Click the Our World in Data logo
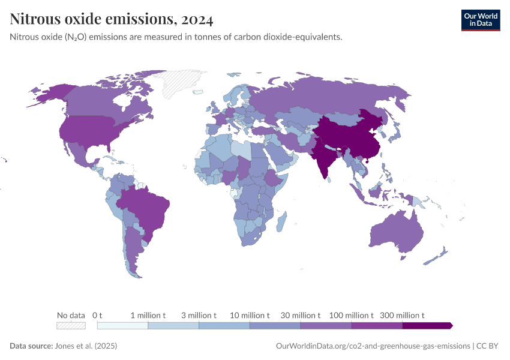click(480, 20)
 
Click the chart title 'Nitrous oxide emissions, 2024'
click(111, 19)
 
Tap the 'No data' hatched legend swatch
click(71, 325)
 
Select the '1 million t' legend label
click(148, 315)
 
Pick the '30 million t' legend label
click(301, 315)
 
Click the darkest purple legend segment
click(426, 325)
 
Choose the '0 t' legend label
click(97, 315)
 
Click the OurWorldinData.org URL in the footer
click(373, 346)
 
